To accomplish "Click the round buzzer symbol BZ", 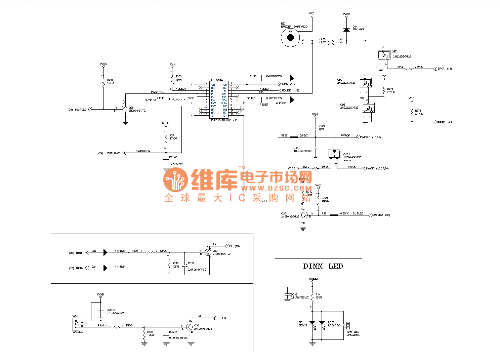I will (291, 37).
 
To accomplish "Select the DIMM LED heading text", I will (323, 266).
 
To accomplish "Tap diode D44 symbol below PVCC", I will (346, 30).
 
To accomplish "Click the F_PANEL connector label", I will (217, 80).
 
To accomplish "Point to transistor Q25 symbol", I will (124, 110).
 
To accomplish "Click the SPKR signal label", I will (441, 69).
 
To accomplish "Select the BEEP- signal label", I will (441, 122).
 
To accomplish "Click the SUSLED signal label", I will (377, 215).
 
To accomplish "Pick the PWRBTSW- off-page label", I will (113, 153).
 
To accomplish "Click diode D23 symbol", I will (105, 252).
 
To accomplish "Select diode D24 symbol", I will (105, 268).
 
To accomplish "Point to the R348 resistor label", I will (110, 80).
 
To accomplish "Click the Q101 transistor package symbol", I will (334, 154).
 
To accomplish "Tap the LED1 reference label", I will (300, 322).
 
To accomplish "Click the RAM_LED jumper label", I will (353, 332).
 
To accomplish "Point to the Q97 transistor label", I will (394, 52).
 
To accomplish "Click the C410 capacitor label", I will (297, 148).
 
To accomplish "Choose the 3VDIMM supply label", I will (312, 279).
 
